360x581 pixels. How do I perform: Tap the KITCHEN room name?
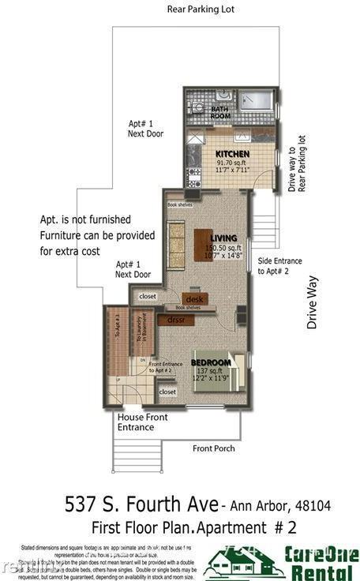coord(232,154)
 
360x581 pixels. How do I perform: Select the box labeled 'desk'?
coord(195,299)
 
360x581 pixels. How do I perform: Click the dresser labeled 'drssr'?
coord(175,320)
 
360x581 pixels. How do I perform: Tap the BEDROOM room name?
coord(212,362)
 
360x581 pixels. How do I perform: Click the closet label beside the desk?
coord(148,297)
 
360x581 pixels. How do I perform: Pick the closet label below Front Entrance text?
coord(167,392)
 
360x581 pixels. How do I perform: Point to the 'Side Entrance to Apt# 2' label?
coord(279,265)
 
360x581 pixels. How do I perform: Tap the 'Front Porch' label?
coord(215,448)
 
